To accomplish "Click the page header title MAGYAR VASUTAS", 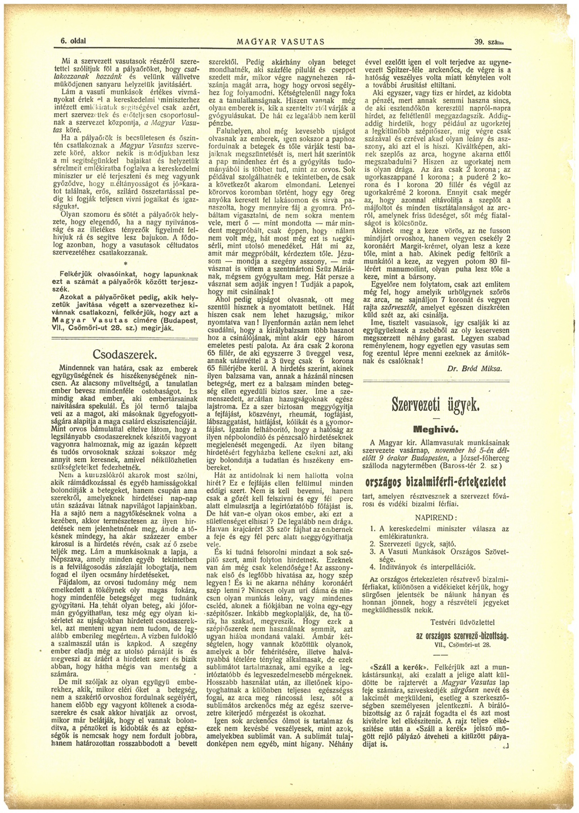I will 281,42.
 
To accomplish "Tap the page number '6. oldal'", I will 73,41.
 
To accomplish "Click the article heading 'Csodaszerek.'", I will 124,355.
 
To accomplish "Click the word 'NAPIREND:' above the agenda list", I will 436,518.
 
